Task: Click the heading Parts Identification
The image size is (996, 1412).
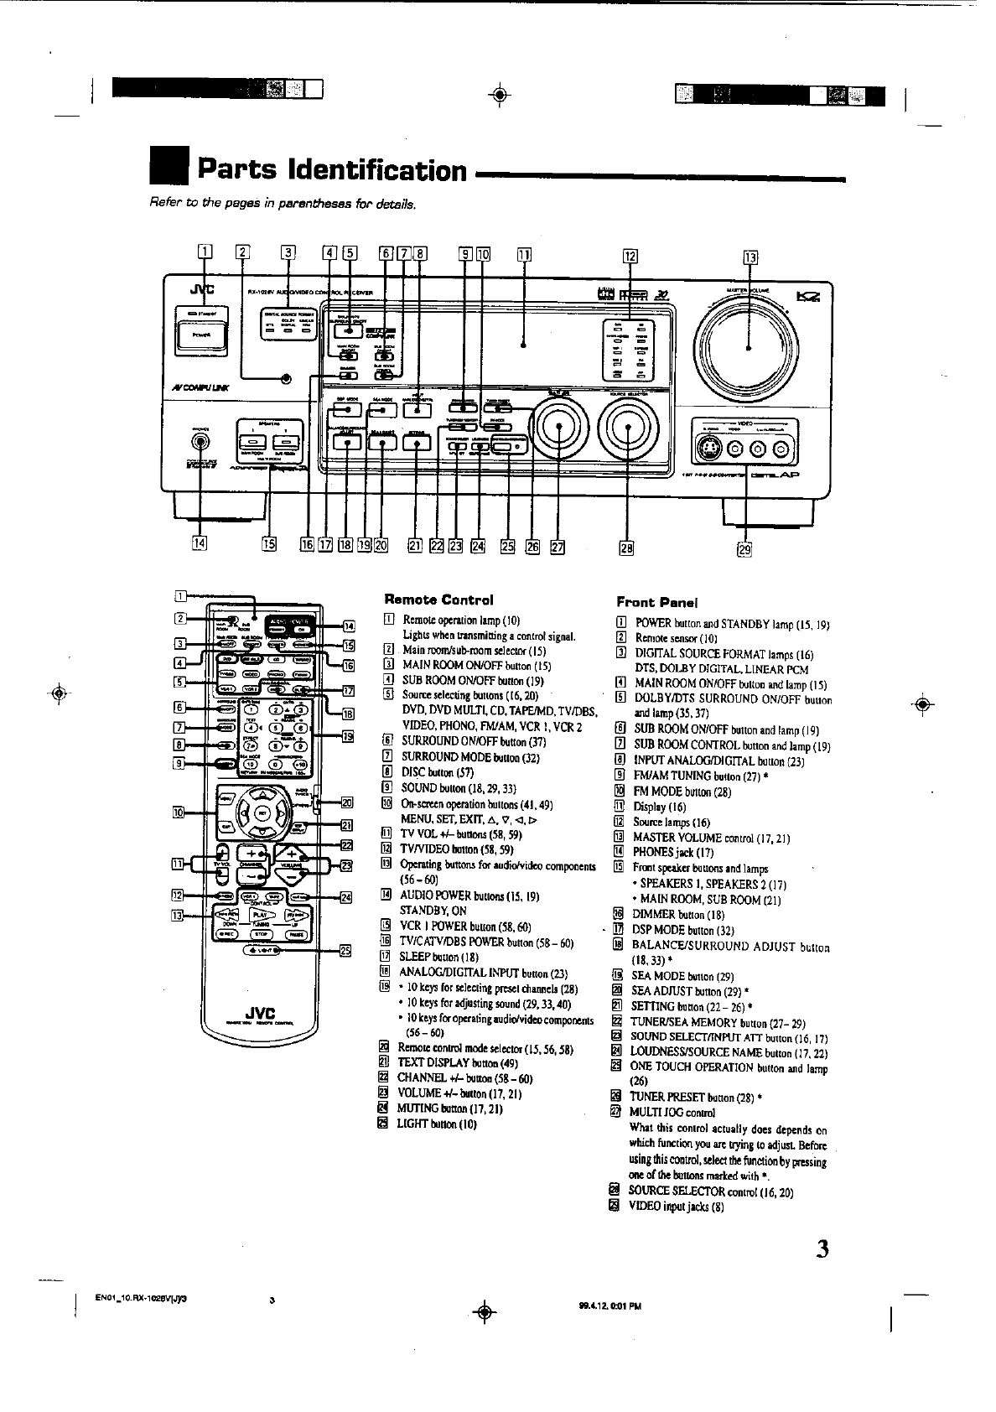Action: point(331,170)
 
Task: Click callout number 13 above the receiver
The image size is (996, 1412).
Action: point(750,257)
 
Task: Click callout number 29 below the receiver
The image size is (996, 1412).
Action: point(744,549)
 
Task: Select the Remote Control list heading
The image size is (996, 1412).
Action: point(438,600)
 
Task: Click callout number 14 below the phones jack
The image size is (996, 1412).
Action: point(200,542)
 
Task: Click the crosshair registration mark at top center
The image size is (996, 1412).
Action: point(499,94)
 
